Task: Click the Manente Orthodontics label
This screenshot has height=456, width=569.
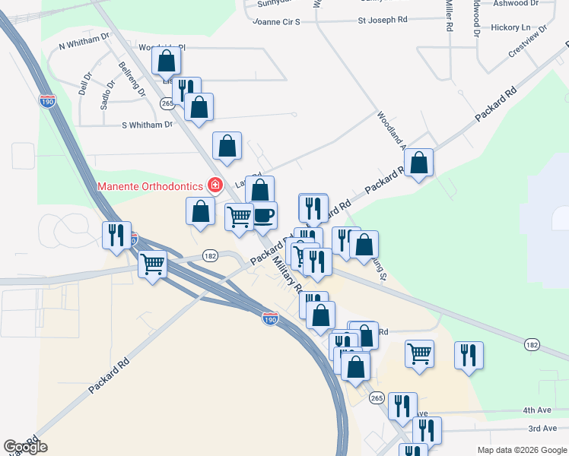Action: pyautogui.click(x=150, y=186)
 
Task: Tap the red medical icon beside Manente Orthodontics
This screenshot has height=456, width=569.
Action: pyautogui.click(x=215, y=185)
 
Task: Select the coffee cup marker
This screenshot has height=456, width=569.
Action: pyautogui.click(x=263, y=216)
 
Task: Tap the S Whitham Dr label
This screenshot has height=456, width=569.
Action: pyautogui.click(x=148, y=125)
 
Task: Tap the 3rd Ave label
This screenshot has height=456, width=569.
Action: pyautogui.click(x=544, y=429)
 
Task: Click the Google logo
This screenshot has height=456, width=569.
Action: pyautogui.click(x=25, y=446)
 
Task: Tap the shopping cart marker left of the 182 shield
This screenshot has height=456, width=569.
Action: pyautogui.click(x=152, y=264)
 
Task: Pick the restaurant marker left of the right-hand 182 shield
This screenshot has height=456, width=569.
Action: pyautogui.click(x=469, y=355)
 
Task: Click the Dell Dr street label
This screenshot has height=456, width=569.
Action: pyautogui.click(x=84, y=81)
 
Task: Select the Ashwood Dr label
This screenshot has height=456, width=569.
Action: pyautogui.click(x=515, y=4)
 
